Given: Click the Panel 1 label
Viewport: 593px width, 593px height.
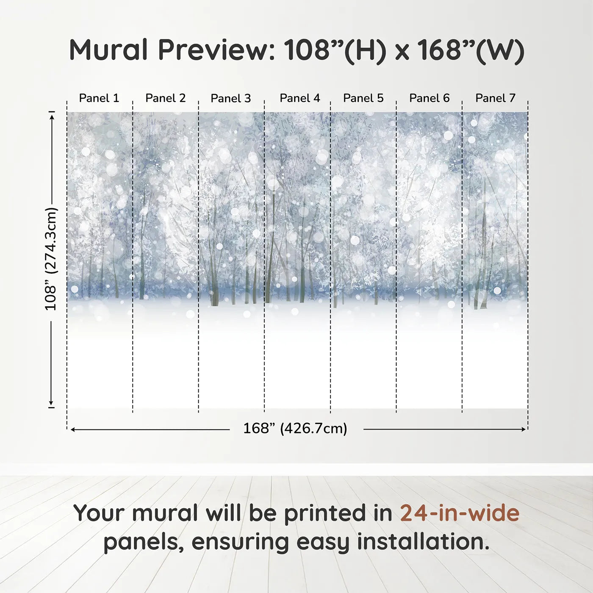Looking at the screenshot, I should pyautogui.click(x=99, y=98).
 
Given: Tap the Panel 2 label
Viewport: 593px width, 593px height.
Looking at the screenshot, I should pyautogui.click(x=165, y=98).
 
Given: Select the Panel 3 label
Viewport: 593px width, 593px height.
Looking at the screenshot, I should pyautogui.click(x=231, y=98).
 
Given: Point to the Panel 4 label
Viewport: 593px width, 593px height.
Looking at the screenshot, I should pyautogui.click(x=300, y=98).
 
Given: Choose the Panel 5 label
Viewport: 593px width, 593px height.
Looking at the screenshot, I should pyautogui.click(x=363, y=98).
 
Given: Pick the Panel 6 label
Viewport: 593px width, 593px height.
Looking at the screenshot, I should pyautogui.click(x=429, y=98).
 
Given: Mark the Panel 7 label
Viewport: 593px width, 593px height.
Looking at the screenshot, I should pyautogui.click(x=495, y=98).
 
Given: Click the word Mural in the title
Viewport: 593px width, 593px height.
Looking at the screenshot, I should pyautogui.click(x=108, y=50).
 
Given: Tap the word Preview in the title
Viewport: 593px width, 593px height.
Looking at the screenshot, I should pyautogui.click(x=216, y=50).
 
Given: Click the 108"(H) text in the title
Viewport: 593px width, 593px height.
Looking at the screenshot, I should pyautogui.click(x=335, y=50).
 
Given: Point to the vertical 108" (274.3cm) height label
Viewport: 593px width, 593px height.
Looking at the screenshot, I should pyautogui.click(x=51, y=259).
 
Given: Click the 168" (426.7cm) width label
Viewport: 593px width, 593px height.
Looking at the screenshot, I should pyautogui.click(x=295, y=429).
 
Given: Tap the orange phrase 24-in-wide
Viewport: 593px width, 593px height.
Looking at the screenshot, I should pyautogui.click(x=460, y=513).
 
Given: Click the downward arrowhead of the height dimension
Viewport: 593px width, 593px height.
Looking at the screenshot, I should pyautogui.click(x=52, y=403).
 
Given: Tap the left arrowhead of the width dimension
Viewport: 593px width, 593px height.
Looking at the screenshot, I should pyautogui.click(x=73, y=430).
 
